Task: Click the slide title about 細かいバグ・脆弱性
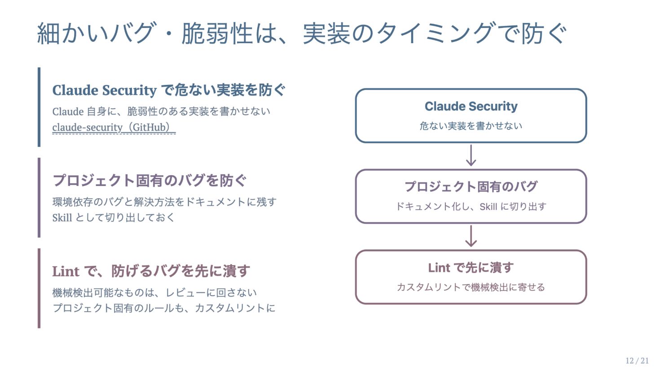(302, 33)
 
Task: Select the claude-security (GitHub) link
(114, 127)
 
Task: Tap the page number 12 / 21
(637, 360)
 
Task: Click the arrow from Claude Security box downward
(471, 155)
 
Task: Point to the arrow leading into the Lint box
(471, 236)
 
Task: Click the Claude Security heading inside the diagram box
(471, 106)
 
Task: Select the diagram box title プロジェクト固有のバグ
(471, 186)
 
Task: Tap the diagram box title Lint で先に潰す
(471, 268)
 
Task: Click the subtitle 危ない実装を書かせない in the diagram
(471, 126)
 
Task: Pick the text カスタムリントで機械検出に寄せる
(471, 287)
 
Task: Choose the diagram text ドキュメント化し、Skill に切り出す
(471, 206)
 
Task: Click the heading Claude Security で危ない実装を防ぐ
(169, 90)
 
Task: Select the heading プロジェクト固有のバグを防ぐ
(150, 181)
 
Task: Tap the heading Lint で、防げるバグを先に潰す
(151, 271)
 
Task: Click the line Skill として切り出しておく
(114, 217)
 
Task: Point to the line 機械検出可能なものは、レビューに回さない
(154, 292)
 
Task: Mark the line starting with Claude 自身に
(161, 111)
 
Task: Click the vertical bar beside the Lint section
(39, 288)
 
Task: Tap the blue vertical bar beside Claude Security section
(39, 107)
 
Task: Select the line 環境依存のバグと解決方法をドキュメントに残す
(164, 202)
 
